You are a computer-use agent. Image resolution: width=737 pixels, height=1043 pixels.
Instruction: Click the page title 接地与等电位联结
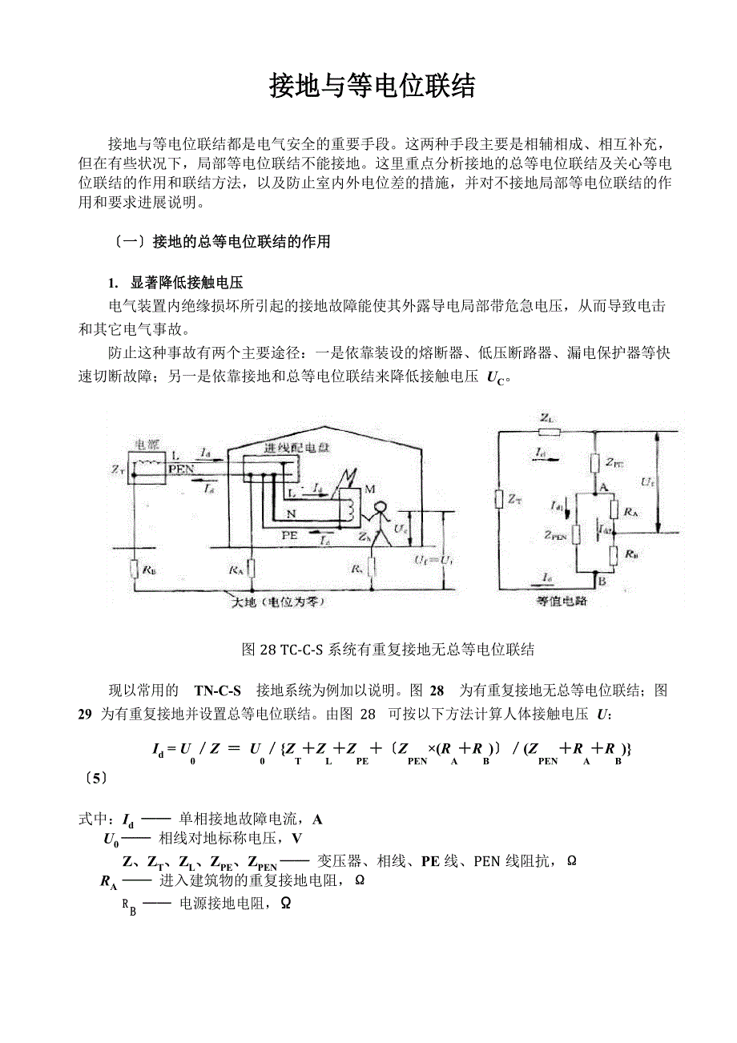pyautogui.click(x=373, y=86)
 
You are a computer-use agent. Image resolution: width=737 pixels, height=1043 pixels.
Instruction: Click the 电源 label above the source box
pyautogui.click(x=149, y=445)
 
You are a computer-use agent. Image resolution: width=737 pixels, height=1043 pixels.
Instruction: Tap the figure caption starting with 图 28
pyautogui.click(x=388, y=649)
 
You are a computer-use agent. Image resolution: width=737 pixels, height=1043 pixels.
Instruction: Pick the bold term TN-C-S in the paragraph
pyautogui.click(x=217, y=691)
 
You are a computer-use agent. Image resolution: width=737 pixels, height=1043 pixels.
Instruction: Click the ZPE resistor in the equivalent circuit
pyautogui.click(x=594, y=462)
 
